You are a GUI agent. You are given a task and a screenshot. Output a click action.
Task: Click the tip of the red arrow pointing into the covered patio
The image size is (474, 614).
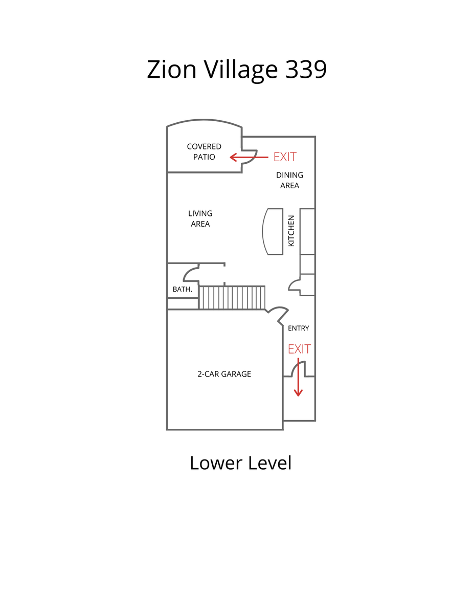click(x=230, y=157)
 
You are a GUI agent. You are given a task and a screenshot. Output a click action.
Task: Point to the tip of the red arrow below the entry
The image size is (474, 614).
click(x=298, y=396)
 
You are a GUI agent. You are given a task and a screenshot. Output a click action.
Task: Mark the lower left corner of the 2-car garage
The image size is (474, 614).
click(x=167, y=430)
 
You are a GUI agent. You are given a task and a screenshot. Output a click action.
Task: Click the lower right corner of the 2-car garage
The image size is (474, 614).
click(x=283, y=430)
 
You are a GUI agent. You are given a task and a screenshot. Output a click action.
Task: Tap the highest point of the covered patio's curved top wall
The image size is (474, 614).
click(x=204, y=120)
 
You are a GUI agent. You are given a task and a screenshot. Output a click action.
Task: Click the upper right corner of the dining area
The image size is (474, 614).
click(x=315, y=137)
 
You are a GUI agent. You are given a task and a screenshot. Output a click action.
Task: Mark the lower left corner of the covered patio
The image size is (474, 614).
click(x=167, y=172)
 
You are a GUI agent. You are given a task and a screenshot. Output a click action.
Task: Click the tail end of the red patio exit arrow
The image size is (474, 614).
click(x=268, y=157)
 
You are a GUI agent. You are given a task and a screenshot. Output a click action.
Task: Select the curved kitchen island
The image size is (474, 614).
click(x=273, y=231)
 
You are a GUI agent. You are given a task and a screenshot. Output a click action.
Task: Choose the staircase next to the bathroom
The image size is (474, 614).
click(x=232, y=298)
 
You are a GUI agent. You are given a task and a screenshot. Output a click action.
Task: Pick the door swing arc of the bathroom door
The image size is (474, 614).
click(x=191, y=274)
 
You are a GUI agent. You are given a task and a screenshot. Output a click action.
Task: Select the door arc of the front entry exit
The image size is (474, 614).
click(x=298, y=369)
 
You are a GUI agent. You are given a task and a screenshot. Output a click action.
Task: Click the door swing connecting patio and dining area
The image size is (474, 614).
click(x=250, y=157)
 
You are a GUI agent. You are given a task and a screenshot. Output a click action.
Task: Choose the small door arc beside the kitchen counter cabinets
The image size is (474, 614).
click(x=294, y=285)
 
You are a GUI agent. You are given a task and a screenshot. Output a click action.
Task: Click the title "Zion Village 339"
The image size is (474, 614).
click(x=237, y=70)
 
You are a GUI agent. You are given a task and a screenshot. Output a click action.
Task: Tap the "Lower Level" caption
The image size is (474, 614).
click(x=240, y=463)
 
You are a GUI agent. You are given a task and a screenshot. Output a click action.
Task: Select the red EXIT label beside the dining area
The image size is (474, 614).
click(x=285, y=157)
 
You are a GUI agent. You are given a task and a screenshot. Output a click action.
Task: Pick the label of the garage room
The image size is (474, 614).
click(x=224, y=374)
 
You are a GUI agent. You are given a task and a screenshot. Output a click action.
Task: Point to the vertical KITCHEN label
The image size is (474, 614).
click(x=291, y=231)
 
